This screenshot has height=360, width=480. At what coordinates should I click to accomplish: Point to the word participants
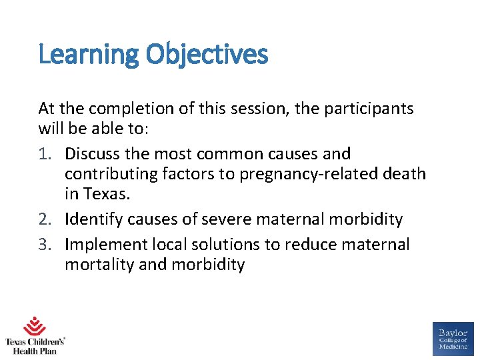coord(369,109)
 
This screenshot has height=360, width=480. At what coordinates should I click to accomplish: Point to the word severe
coord(238,219)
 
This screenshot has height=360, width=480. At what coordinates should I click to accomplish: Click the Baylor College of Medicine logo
coord(453,339)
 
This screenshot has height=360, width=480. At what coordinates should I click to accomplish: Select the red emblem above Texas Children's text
coord(35,327)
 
